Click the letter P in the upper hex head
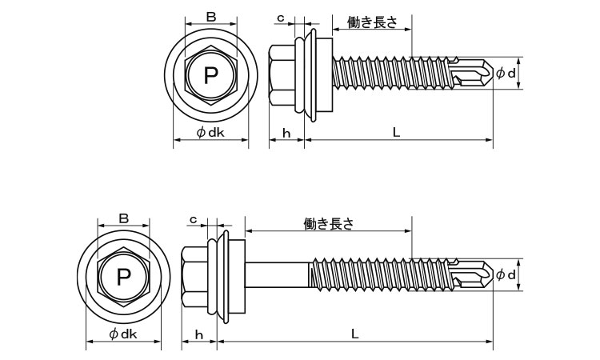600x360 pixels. pyautogui.click(x=210, y=75)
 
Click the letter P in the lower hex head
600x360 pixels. pyautogui.click(x=123, y=277)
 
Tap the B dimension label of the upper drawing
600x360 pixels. pyautogui.click(x=211, y=17)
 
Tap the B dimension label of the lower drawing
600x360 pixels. pyautogui.click(x=123, y=218)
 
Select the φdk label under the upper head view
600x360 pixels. pyautogui.click(x=210, y=132)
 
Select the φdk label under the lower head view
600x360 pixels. pyautogui.click(x=123, y=334)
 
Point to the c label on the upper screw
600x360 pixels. pyautogui.click(x=281, y=18)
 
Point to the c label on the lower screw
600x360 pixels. pyautogui.click(x=194, y=219)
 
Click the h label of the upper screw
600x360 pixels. pyautogui.click(x=286, y=133)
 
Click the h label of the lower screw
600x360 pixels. pyautogui.click(x=198, y=334)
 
